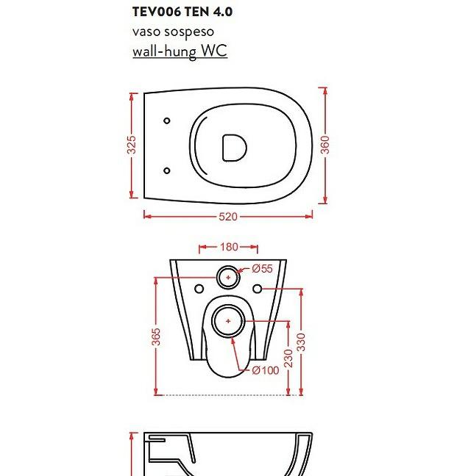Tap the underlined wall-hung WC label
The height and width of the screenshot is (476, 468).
180,51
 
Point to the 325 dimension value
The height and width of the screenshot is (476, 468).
132,145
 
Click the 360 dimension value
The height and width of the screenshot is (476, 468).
325,145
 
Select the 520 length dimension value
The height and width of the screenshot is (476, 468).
228,217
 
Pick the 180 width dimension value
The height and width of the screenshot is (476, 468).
229,248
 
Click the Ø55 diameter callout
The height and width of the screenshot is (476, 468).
263,269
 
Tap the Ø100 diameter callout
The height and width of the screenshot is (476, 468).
266,370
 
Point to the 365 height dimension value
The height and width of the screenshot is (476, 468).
156,338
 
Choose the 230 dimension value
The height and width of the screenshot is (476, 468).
289,358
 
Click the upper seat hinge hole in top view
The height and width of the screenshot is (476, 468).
167,120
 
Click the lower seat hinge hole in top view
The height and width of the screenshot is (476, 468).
167,170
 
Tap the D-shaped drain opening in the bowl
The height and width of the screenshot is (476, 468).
234,147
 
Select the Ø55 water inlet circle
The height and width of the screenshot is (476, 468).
229,278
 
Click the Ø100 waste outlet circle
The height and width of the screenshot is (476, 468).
229,322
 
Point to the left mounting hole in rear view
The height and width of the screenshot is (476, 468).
199,289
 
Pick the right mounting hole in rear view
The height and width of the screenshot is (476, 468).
258,289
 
